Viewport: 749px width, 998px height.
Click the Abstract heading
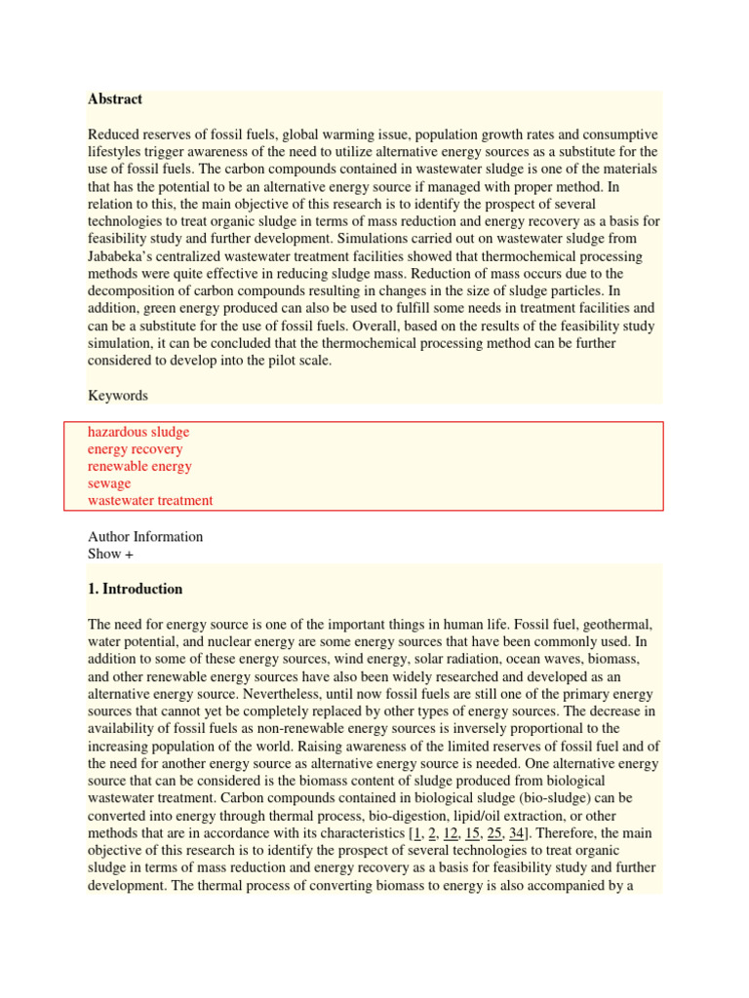coord(115,99)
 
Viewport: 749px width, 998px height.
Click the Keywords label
coord(118,396)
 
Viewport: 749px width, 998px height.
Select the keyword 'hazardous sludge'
coord(138,432)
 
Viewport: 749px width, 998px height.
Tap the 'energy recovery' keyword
coord(135,449)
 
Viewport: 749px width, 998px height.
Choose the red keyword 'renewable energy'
coord(139,466)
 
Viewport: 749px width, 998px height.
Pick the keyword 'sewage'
coord(109,483)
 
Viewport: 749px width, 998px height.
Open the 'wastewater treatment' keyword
coord(150,501)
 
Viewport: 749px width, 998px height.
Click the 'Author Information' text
coord(145,537)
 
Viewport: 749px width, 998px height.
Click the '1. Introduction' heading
coord(135,590)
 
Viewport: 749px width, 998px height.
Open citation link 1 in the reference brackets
coord(416,833)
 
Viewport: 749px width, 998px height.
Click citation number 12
coord(451,833)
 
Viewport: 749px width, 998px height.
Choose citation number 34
coord(518,833)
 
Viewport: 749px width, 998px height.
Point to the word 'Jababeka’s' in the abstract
coord(122,256)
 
